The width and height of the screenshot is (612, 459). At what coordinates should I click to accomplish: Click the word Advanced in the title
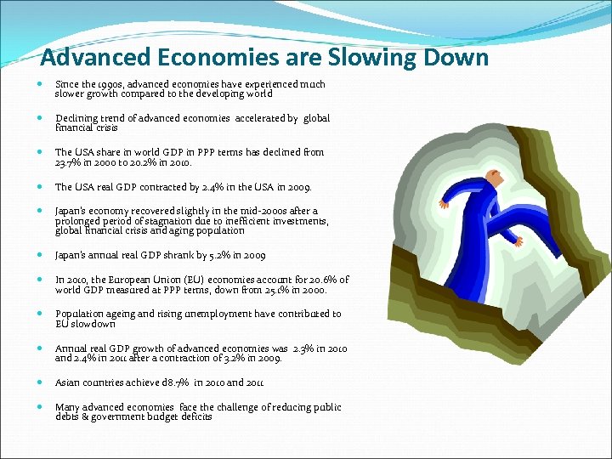click(x=90, y=58)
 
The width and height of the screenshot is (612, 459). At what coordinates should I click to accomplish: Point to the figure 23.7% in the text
click(x=67, y=162)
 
